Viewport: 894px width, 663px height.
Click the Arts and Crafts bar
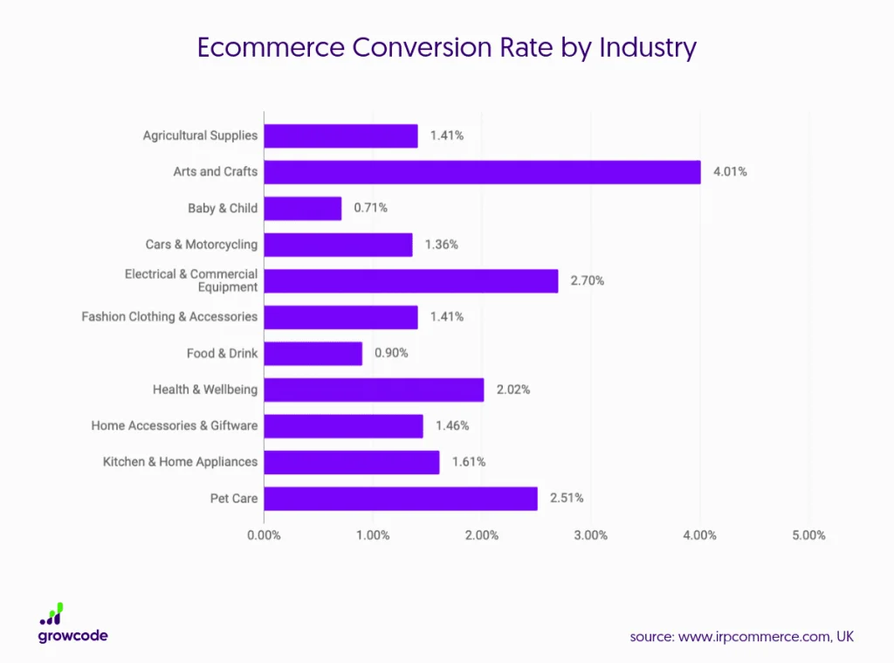[x=482, y=172]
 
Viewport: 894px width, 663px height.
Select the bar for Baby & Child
[x=302, y=208]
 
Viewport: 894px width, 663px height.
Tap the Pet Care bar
[x=401, y=499]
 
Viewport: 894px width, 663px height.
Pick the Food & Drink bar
[x=313, y=354]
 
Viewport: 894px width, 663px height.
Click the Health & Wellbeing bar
[x=374, y=390]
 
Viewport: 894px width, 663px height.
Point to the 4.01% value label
[x=730, y=172]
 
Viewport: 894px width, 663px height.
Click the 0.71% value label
[x=370, y=208]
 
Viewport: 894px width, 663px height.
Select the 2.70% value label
[x=588, y=281]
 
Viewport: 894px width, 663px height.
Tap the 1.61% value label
[x=468, y=462]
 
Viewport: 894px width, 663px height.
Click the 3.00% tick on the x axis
[x=591, y=535]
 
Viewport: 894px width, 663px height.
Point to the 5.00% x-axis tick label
[x=808, y=535]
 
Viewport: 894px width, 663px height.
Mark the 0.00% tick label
[x=264, y=535]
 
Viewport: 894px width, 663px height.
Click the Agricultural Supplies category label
[x=201, y=135]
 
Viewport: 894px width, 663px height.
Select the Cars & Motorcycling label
[x=202, y=245]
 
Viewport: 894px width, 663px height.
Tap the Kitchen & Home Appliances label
[x=181, y=462]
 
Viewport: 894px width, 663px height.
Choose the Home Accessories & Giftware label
[x=175, y=425]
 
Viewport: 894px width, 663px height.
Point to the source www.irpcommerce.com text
[x=741, y=637]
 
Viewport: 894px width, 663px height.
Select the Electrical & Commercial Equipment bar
[x=410, y=281]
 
